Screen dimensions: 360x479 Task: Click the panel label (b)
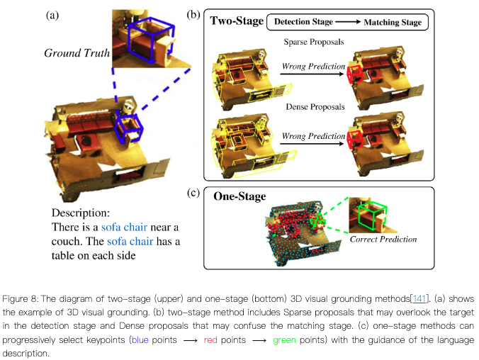tap(193, 13)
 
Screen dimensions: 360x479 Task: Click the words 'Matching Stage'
tap(392, 23)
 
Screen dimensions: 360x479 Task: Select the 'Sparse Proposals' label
tap(313, 42)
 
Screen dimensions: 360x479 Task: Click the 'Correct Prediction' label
tap(383, 240)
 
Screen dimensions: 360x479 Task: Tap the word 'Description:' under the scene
tap(81, 213)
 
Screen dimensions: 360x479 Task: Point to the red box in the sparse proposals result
tap(355, 74)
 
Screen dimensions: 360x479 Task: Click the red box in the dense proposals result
tap(355, 137)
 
